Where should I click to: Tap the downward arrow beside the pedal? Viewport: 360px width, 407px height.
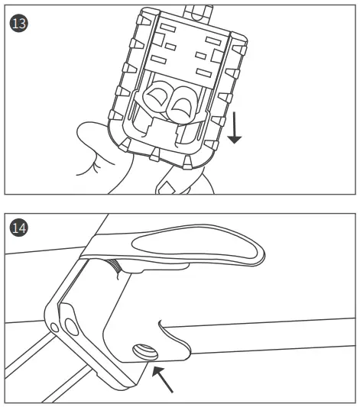(x=235, y=126)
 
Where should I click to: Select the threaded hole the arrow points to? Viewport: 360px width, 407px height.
(x=144, y=352)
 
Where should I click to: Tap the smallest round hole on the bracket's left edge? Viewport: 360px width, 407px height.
(x=54, y=328)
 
